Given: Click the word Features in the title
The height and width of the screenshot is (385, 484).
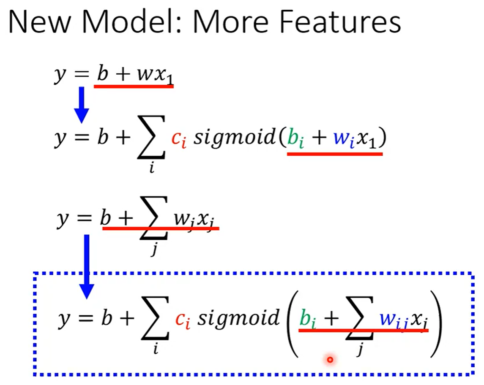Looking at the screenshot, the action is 340,22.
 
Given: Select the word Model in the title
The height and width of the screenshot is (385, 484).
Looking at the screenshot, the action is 128,22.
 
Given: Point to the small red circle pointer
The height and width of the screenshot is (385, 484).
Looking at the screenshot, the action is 330,359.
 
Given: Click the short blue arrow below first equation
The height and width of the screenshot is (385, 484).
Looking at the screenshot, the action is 82,105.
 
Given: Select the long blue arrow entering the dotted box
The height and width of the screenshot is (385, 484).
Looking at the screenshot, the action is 87,267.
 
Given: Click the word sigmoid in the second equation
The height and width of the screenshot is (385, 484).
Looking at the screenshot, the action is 234,138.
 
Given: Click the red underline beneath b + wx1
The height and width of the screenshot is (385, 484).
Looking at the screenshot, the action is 134,87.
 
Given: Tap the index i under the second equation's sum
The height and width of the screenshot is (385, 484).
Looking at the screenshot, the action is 152,168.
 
